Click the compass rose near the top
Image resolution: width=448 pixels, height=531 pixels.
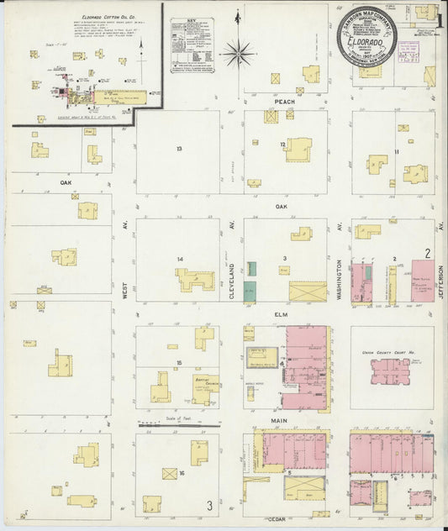(240, 54)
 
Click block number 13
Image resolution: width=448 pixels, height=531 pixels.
(179, 149)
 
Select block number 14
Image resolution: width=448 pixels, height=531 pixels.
(179, 258)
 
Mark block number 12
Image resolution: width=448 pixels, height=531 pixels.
(283, 145)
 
